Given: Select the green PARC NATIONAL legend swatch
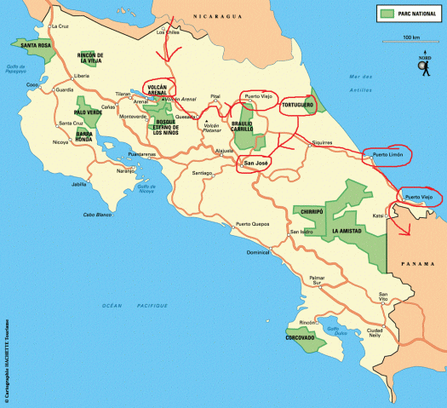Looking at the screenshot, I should pyautogui.click(x=387, y=14).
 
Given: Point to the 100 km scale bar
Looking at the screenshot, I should pyautogui.click(x=410, y=43).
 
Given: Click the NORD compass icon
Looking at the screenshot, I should pyautogui.click(x=424, y=66).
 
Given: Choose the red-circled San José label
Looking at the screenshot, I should pyautogui.click(x=256, y=162).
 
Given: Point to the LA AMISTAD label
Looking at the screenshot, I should pyautogui.click(x=348, y=231).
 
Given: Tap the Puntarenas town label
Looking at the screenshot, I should pyautogui.click(x=142, y=154).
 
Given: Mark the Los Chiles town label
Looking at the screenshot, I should pyautogui.click(x=168, y=32).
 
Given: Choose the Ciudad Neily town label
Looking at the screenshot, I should pyautogui.click(x=375, y=333).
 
